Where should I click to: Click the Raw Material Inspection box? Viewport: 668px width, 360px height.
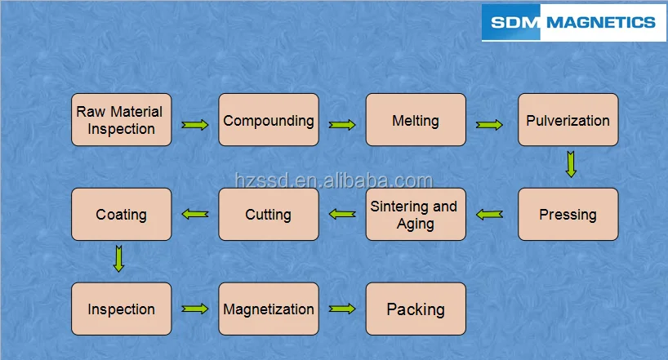tap(121, 120)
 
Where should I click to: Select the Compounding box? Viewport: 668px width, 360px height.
tap(269, 120)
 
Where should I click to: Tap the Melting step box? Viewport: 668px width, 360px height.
tap(416, 120)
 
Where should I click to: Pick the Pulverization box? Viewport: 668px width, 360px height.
tap(568, 120)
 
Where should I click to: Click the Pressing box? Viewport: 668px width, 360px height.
tap(568, 215)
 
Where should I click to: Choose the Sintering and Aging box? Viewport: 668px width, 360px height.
tap(416, 215)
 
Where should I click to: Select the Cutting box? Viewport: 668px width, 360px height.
tap(269, 215)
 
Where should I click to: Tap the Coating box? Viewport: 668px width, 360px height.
tap(121, 215)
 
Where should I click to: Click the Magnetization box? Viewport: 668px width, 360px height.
tap(269, 309)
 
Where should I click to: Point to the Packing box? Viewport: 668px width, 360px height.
tap(416, 309)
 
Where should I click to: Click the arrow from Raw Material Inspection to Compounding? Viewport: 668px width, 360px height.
tap(195, 125)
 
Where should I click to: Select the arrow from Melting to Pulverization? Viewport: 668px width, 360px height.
tap(489, 125)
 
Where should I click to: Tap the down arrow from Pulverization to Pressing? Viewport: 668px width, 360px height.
tap(571, 165)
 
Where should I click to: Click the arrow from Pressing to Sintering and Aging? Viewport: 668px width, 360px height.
tap(489, 215)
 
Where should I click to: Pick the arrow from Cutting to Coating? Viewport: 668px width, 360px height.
tap(195, 215)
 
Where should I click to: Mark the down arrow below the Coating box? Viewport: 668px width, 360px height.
tap(119, 259)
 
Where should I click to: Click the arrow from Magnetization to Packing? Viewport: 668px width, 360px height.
tap(342, 309)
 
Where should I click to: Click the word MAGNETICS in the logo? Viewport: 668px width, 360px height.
tap(600, 22)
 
